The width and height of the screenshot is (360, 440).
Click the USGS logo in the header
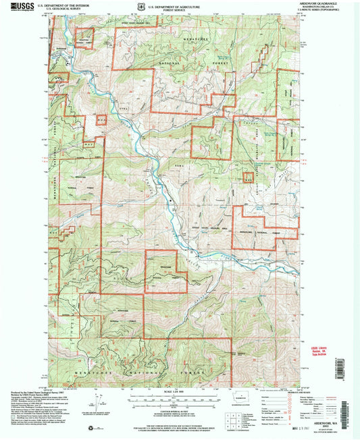coord(21,7)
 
